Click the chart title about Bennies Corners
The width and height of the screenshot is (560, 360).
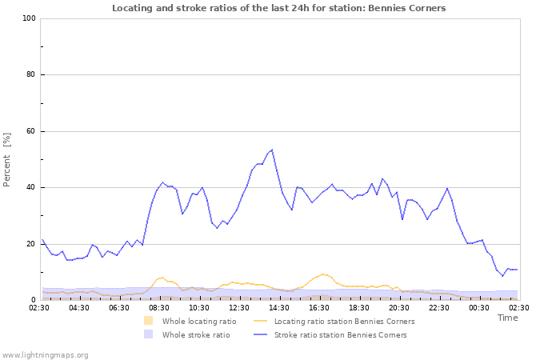pyautogui.click(x=279, y=8)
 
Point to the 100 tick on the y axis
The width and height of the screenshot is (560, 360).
pyautogui.click(x=30, y=18)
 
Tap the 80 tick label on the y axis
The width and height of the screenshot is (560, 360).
pyautogui.click(x=31, y=75)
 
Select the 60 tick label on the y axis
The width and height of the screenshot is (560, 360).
pyautogui.click(x=31, y=131)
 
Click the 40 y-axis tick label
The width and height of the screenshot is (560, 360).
pyautogui.click(x=31, y=188)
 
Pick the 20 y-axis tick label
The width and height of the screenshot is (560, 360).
pyautogui.click(x=31, y=244)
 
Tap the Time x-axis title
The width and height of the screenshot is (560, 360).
pyautogui.click(x=507, y=318)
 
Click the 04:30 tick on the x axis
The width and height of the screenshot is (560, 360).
pyautogui.click(x=79, y=306)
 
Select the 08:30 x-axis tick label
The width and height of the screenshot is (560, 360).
pyautogui.click(x=159, y=306)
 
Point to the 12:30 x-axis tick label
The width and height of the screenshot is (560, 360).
pyautogui.click(x=239, y=306)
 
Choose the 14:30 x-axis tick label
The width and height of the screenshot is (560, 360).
pyautogui.click(x=279, y=306)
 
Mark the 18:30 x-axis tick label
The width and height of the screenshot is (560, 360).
pyautogui.click(x=359, y=306)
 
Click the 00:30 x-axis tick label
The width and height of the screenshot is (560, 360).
pyautogui.click(x=479, y=306)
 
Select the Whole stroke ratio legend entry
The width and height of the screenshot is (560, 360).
pyautogui.click(x=196, y=334)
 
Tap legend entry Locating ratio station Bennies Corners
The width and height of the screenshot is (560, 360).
pyautogui.click(x=344, y=321)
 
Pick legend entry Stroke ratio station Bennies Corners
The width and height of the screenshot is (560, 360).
pyautogui.click(x=340, y=334)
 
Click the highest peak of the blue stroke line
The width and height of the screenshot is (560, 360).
pyautogui.click(x=272, y=150)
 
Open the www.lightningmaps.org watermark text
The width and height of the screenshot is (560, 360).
pyautogui.click(x=45, y=354)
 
